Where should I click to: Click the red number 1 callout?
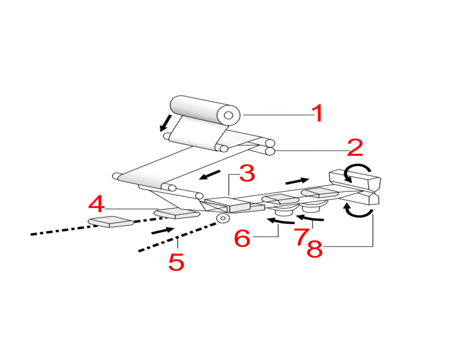point(318,113)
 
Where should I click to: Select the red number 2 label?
point(354,148)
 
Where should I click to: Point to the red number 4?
point(97,203)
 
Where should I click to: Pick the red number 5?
point(176,262)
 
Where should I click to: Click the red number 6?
point(242,238)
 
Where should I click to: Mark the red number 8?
point(315,249)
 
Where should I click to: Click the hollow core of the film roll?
point(228,116)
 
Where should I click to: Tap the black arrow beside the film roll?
point(166,123)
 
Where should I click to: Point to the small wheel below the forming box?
point(223,219)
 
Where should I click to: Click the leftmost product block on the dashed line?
point(110,222)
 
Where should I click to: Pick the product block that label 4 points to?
point(177,213)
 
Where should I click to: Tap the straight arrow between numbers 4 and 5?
point(163,230)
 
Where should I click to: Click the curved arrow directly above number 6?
point(281,221)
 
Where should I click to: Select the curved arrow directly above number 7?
point(310,218)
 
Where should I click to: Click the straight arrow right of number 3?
point(297,181)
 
